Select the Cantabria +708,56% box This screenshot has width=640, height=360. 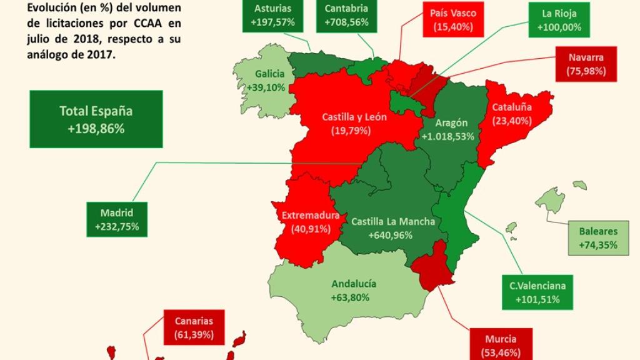346,16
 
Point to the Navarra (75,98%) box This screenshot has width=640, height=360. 586,64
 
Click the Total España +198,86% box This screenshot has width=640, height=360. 96,119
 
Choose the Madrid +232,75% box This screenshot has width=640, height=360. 117,219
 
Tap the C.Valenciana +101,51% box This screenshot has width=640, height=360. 537,292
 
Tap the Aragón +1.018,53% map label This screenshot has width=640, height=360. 447,130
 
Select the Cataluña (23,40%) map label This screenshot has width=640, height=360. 512,113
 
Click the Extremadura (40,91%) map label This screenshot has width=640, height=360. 310,222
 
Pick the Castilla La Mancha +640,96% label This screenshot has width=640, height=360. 392,228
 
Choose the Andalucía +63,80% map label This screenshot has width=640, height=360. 354,290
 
